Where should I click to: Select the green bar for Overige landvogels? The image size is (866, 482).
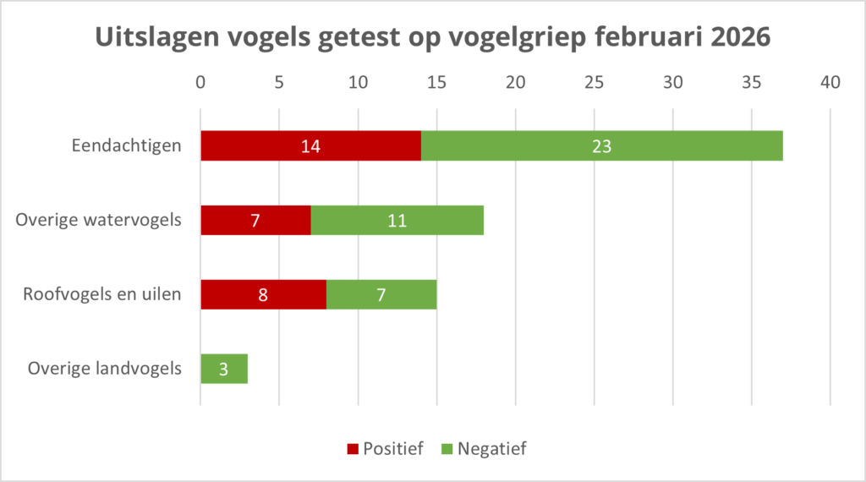[x=223, y=369]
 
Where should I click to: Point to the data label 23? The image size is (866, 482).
[x=601, y=146]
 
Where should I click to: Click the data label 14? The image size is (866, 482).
[x=310, y=146]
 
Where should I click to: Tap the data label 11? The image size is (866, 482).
[x=397, y=221]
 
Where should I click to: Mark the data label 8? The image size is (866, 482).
[x=263, y=295]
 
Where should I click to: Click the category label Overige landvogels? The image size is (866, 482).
[x=104, y=369]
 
